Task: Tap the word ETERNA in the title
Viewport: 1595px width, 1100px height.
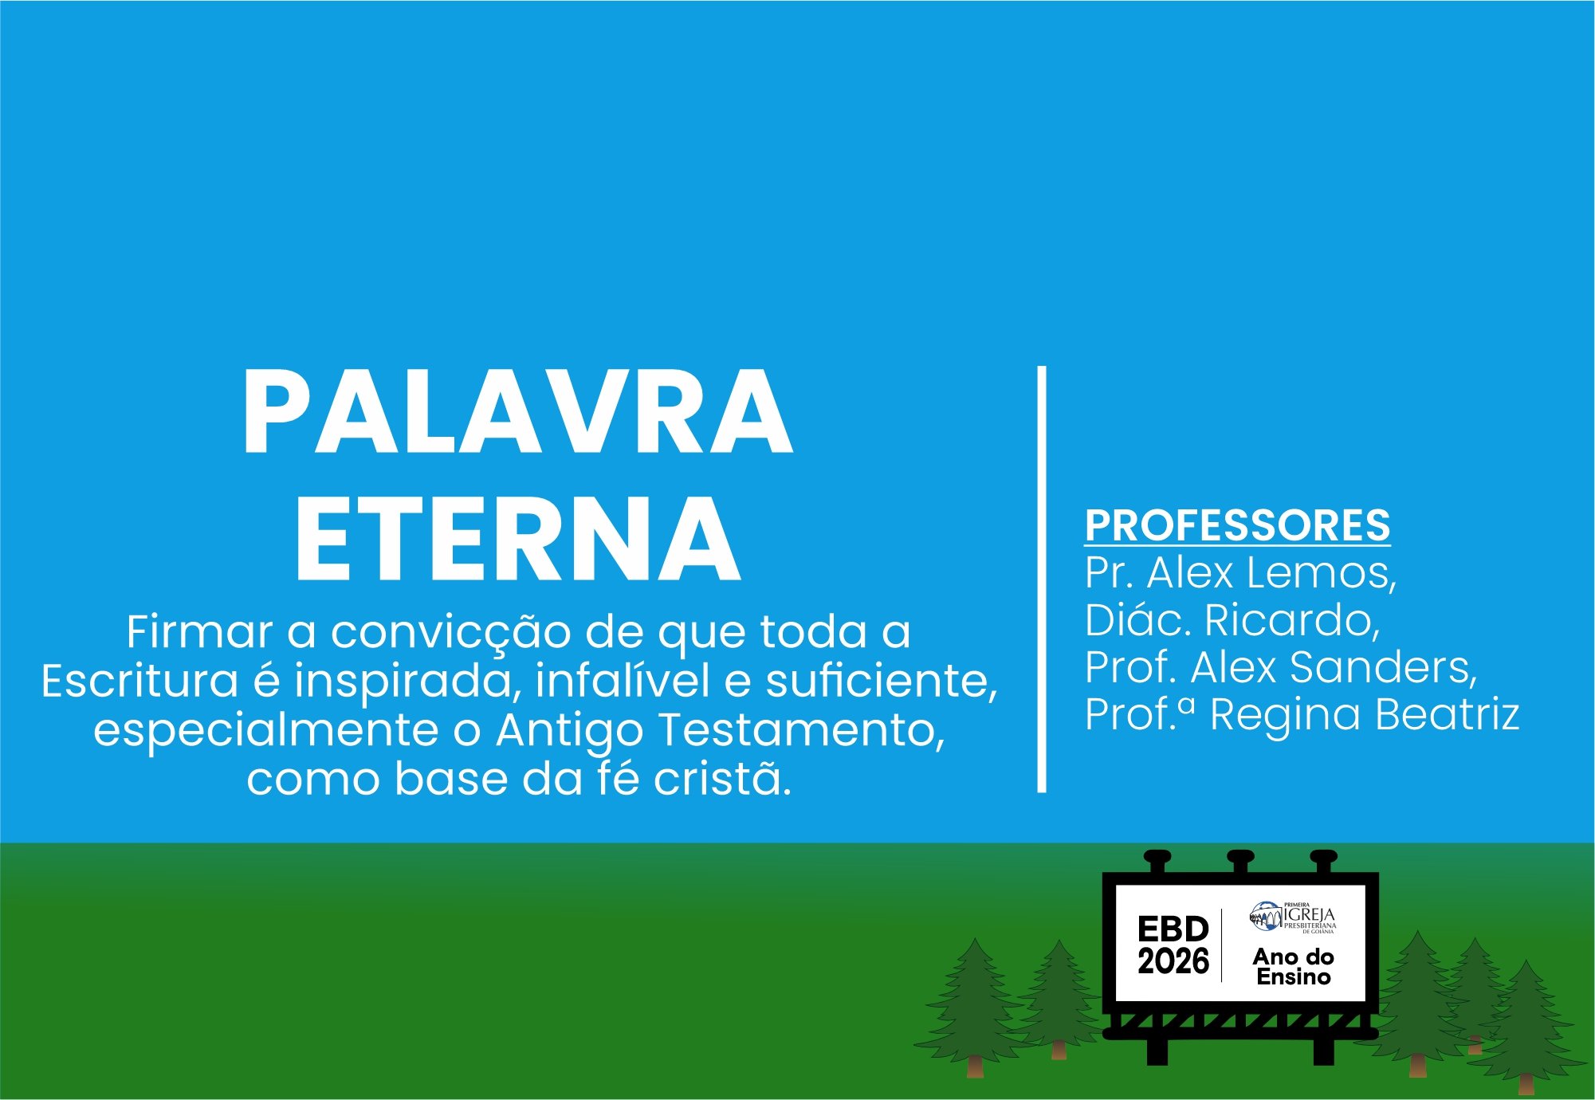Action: click(x=518, y=539)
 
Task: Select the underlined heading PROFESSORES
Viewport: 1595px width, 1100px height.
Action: click(x=1237, y=525)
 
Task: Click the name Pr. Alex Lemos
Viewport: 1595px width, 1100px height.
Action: click(x=1240, y=573)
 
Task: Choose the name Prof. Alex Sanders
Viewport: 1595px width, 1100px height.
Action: click(x=1281, y=667)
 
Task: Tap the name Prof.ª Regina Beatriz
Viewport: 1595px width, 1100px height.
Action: click(x=1302, y=714)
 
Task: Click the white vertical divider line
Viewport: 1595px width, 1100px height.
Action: click(x=1041, y=579)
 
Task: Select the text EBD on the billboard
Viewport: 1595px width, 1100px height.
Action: click(x=1173, y=929)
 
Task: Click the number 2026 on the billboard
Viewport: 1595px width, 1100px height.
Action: click(x=1173, y=961)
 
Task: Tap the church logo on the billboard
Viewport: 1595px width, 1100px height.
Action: click(x=1293, y=917)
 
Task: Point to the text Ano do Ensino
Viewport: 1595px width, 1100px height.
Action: click(x=1294, y=966)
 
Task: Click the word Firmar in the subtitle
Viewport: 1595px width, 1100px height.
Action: click(x=199, y=632)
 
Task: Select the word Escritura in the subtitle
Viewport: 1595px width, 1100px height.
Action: click(x=139, y=682)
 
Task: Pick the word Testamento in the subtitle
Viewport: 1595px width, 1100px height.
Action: click(x=801, y=730)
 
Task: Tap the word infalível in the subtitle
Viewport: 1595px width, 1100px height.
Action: click(x=623, y=682)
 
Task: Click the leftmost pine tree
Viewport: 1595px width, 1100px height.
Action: click(x=974, y=1008)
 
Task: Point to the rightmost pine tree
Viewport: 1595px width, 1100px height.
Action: click(x=1526, y=1028)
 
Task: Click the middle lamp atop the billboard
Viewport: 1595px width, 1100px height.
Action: click(x=1240, y=862)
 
